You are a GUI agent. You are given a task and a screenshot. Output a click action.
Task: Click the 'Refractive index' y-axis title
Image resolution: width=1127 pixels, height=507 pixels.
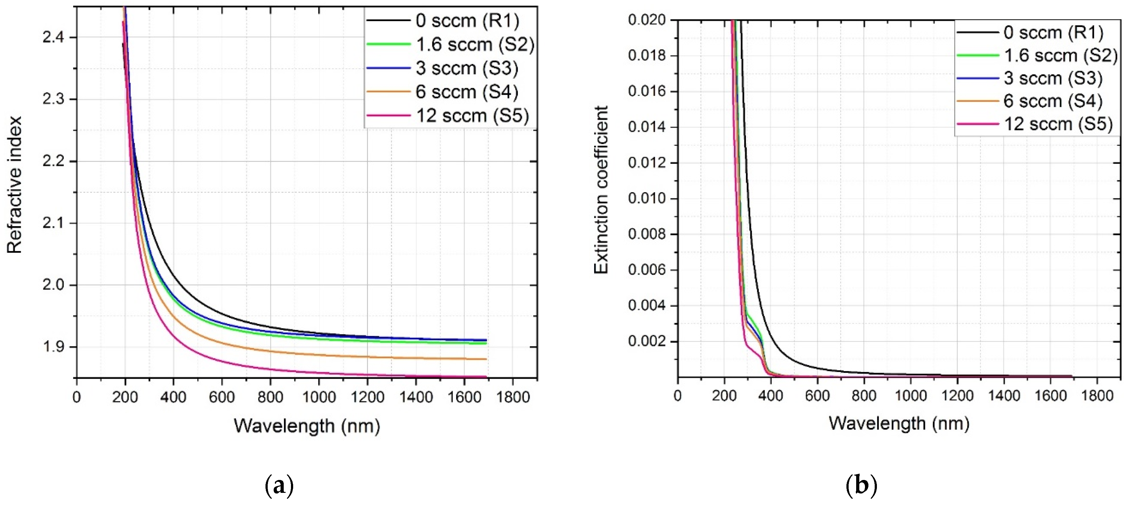[x=14, y=184]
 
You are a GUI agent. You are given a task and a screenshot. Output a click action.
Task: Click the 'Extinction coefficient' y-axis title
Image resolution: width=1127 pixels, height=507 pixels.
[x=601, y=190]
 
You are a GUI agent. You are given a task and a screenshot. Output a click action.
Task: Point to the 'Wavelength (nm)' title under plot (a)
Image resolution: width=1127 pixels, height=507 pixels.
[x=307, y=426]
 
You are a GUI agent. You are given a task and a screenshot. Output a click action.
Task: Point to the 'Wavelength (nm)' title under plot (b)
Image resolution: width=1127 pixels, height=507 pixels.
[x=899, y=423]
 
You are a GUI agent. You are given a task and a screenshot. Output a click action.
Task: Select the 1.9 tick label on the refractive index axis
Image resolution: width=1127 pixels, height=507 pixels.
[x=53, y=347]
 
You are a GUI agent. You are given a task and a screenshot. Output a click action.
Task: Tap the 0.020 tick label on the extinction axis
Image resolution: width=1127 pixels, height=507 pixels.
[x=646, y=20]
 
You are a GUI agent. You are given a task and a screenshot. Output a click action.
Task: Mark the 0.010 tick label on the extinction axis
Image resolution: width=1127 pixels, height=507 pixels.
[x=646, y=198]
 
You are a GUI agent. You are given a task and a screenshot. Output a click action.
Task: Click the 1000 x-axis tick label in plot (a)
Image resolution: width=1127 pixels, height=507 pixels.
[x=319, y=397]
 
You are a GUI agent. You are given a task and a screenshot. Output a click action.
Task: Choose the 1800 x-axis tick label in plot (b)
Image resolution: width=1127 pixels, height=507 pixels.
[x=1097, y=396]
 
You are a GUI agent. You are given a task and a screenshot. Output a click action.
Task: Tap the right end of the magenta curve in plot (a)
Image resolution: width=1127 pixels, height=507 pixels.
[x=486, y=376]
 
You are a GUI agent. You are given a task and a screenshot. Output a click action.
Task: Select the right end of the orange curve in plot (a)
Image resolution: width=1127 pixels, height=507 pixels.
[x=486, y=359]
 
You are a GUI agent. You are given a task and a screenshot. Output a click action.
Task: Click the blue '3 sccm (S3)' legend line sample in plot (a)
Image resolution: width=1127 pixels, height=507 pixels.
[x=388, y=68]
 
